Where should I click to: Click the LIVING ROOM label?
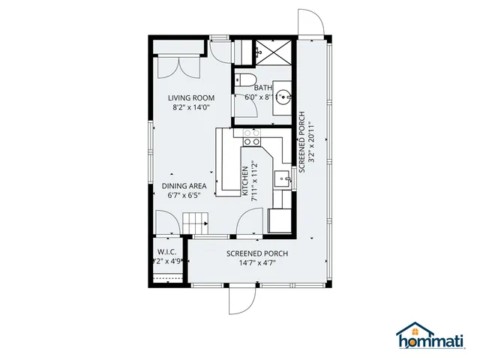191,97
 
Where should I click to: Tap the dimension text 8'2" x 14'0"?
191,107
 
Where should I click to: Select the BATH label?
262,88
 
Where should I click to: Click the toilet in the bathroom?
247,81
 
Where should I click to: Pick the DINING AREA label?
184,186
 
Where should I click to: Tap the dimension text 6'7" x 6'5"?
184,196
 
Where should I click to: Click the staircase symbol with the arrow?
195,223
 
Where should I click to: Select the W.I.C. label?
166,252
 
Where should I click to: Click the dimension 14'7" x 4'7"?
257,263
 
